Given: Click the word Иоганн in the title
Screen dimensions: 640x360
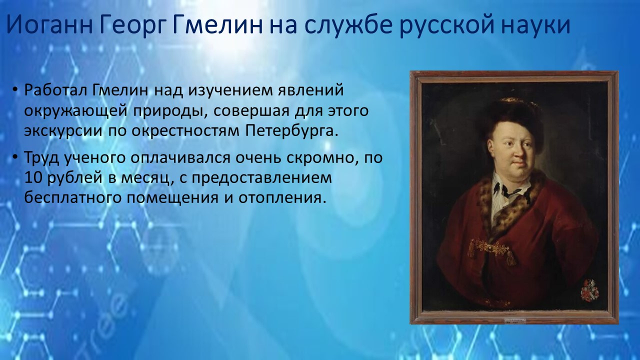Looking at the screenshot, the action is pos(49,24).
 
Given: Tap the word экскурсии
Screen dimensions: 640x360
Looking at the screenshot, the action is pos(63,131).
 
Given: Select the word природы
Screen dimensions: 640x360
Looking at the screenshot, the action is pos(170,111).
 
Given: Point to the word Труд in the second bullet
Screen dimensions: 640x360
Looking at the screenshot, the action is pos(41,158).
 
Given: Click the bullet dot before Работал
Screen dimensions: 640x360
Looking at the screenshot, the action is pos(15,90).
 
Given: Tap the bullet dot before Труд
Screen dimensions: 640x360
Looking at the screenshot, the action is pos(15,157).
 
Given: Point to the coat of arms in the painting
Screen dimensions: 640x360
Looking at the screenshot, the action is pos(589,290).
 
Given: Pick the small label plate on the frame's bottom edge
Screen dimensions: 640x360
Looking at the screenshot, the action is pos(515,321).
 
